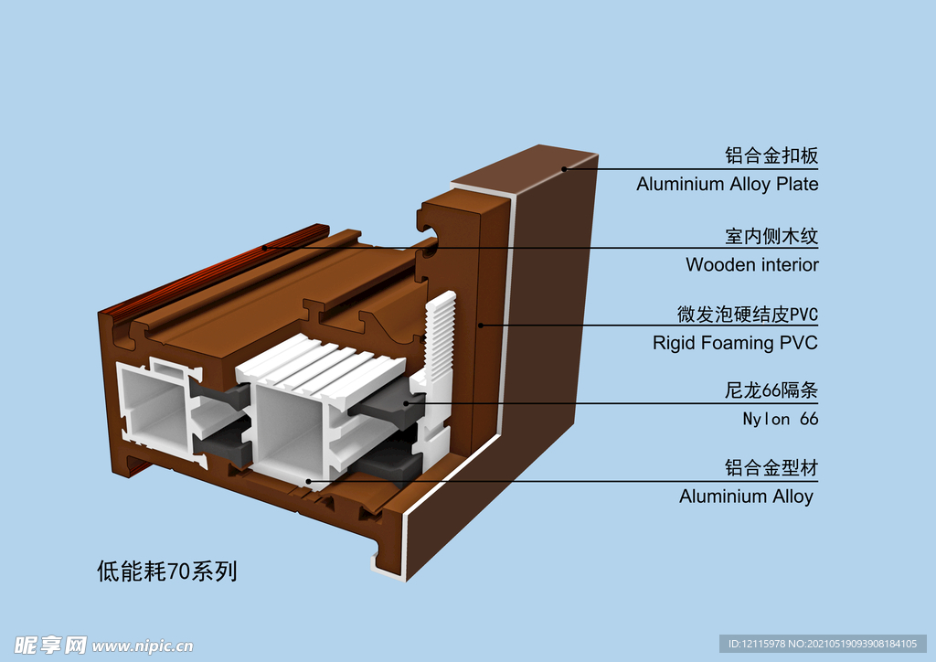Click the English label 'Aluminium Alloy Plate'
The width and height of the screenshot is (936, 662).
[x=727, y=184]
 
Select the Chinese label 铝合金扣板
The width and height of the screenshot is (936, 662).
[x=771, y=155]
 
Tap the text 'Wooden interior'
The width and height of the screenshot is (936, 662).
[x=751, y=265]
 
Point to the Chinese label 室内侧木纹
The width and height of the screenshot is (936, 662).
[x=771, y=236]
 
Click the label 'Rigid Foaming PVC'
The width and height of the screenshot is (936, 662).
[x=735, y=344]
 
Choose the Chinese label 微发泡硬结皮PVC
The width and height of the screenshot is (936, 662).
[x=747, y=315]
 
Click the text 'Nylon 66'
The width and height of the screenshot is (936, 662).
[x=780, y=420]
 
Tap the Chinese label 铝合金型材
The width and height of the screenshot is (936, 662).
[x=771, y=468]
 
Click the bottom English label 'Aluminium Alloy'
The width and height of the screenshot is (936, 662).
[x=746, y=496]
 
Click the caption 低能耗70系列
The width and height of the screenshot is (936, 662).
[x=167, y=571]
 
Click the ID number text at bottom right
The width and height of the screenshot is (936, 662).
[x=822, y=644]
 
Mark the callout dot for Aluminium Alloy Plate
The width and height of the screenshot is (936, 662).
[x=565, y=168]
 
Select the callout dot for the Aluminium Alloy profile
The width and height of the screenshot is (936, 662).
[x=310, y=481]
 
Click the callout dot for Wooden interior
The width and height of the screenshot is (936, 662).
[x=266, y=247]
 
